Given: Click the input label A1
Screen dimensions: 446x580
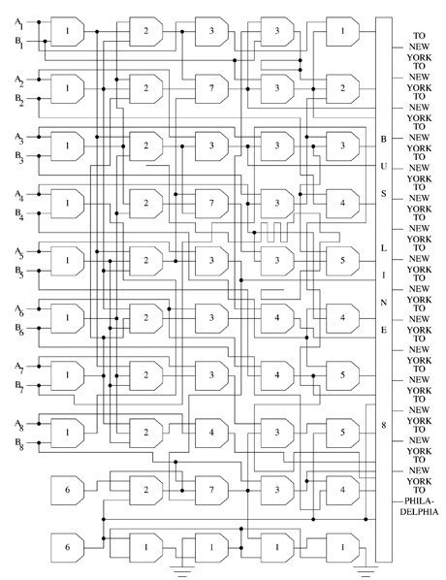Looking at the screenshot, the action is click(18, 23).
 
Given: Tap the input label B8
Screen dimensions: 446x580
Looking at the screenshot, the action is click(18, 443).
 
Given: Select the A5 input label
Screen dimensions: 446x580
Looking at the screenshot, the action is click(18, 252).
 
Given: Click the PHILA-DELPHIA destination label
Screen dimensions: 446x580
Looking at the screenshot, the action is click(419, 506).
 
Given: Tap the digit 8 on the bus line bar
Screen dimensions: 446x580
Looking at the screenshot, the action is click(384, 426).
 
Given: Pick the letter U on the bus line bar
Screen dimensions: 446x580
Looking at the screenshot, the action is click(384, 167).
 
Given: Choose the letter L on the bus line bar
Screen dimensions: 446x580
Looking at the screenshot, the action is click(384, 248).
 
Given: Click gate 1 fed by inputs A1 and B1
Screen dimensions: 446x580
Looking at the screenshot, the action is click(67, 31).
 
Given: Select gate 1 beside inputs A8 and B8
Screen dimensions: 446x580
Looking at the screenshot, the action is click(67, 433).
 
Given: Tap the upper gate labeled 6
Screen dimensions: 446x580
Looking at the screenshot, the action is click(67, 490).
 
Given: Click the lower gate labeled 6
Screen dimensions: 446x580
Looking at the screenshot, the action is click(67, 547).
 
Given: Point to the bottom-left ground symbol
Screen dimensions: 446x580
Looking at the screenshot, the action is click(182, 570).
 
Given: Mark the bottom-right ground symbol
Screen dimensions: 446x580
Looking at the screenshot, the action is click(366, 570).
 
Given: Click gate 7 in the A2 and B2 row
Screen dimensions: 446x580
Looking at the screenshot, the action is click(211, 89).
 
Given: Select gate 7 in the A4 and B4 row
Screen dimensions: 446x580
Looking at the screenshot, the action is click(211, 204).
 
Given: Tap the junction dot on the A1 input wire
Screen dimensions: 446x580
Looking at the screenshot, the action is click(39, 22).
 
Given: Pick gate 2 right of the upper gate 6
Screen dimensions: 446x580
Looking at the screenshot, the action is click(146, 490).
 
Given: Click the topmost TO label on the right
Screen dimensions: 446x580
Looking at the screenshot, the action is click(419, 36).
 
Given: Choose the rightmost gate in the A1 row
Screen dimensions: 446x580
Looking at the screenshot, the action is click(342, 31).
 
